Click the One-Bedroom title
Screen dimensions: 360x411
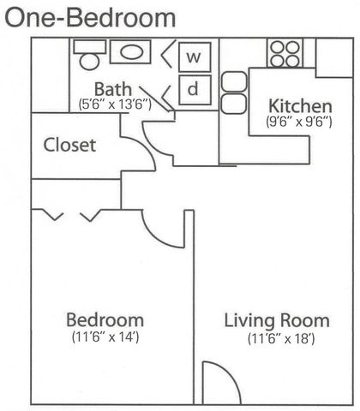click(x=90, y=17)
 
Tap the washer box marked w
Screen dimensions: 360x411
click(x=195, y=57)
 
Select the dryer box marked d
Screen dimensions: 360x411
click(x=195, y=90)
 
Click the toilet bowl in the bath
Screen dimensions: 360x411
click(x=89, y=62)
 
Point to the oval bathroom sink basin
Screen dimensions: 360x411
click(x=131, y=52)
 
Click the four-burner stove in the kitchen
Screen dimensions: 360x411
click(x=285, y=54)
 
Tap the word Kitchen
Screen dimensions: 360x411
click(x=300, y=106)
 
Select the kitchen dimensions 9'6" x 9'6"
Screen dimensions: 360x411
click(x=299, y=122)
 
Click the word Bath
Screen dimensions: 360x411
click(x=113, y=89)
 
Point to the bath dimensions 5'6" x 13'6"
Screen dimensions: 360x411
click(x=115, y=104)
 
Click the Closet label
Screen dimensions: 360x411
click(x=69, y=145)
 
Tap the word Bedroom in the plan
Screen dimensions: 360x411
click(x=105, y=320)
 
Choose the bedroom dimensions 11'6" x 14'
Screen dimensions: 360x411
click(x=105, y=337)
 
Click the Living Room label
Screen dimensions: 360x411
click(x=277, y=321)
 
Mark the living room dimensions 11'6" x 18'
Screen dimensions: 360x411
click(x=281, y=339)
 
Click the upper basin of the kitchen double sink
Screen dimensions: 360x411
click(x=234, y=82)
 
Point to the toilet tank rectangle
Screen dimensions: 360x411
click(x=90, y=46)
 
